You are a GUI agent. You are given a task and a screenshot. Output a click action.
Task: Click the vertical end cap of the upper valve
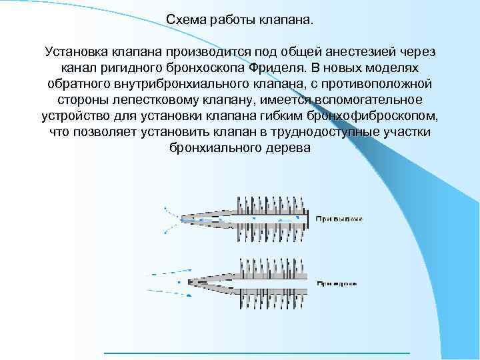coord(308,217)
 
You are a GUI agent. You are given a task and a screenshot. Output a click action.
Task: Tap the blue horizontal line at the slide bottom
coord(257,351)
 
